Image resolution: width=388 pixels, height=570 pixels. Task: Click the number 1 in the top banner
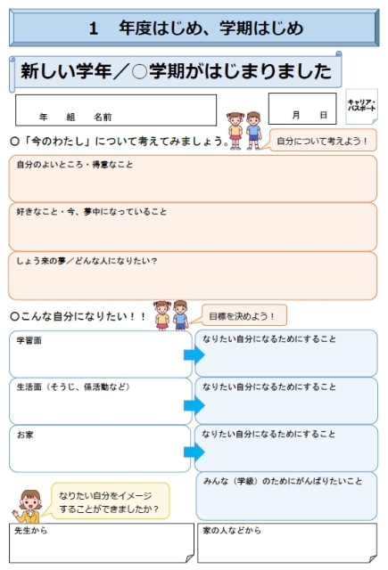point(94,28)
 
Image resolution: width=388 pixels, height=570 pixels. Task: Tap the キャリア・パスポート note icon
point(361,106)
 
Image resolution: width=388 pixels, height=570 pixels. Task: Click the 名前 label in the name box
point(103,117)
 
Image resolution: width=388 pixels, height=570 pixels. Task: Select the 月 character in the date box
point(296,115)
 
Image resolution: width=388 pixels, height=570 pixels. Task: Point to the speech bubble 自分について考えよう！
point(322,141)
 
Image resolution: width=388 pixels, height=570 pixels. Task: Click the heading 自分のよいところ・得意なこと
point(75,165)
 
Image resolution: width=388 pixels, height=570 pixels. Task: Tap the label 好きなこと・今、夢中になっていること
point(91,212)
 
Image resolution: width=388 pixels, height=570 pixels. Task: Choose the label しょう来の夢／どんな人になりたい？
point(87,261)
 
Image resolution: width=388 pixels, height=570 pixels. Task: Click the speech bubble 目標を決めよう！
point(242,315)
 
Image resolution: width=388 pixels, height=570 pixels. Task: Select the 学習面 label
point(29,340)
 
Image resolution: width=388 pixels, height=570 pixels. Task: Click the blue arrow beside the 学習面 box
point(194,354)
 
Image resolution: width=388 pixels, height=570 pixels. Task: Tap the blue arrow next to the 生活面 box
point(194,405)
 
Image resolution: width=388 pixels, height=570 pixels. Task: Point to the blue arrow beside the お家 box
point(194,452)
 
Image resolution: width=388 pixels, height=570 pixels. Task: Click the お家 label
point(25,435)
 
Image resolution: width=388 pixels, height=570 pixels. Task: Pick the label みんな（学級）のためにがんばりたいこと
point(283,481)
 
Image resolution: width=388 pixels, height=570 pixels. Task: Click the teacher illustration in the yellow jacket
point(29,506)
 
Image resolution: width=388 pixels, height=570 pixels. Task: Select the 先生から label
point(31,531)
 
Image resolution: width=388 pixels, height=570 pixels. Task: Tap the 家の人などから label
point(232,531)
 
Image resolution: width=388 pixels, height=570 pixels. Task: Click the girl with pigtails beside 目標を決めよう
point(162,315)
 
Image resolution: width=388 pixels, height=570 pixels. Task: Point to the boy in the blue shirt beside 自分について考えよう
point(253,130)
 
